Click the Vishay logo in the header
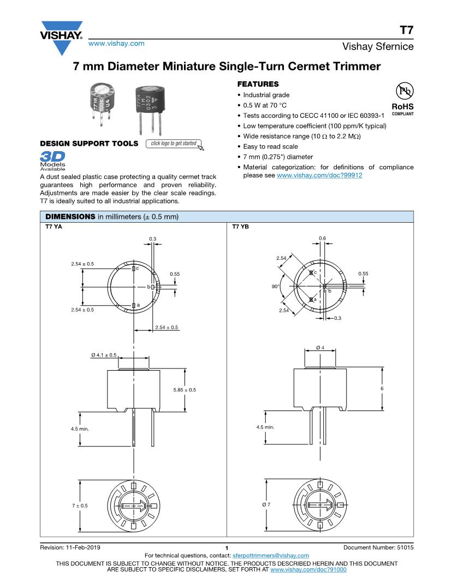61,32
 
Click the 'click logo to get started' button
174,144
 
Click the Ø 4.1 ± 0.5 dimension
104,355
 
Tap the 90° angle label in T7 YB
275,285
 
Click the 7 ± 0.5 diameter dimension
79,506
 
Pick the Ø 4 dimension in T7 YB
320,348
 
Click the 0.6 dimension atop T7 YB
322,239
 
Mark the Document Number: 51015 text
378,547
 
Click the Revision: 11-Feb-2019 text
70,547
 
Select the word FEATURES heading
258,84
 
